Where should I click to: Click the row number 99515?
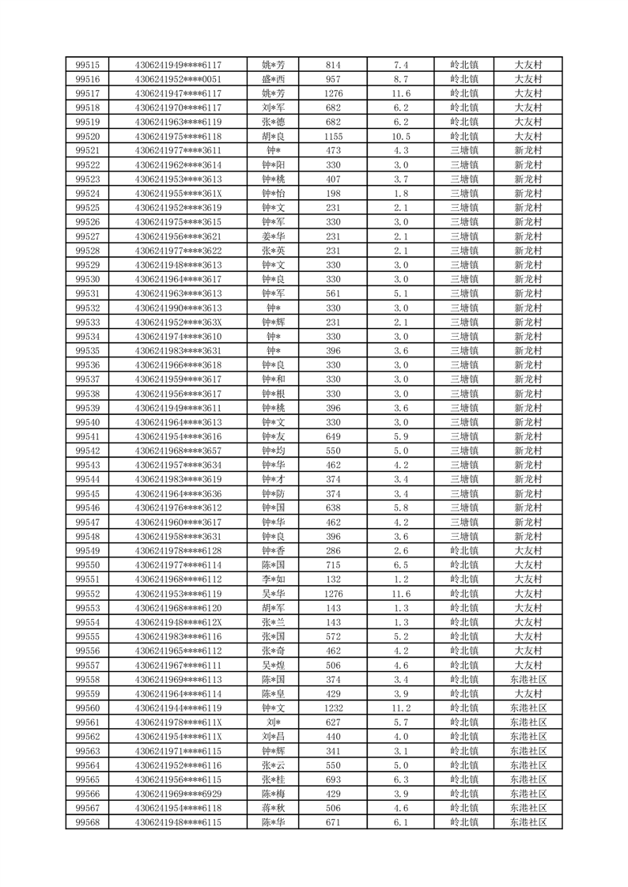coord(87,65)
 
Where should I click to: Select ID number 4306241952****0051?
coord(178,79)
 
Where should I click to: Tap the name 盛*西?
coord(274,79)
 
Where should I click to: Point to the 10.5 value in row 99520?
coord(401,136)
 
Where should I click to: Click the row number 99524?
coord(87,194)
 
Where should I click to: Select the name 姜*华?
coord(274,236)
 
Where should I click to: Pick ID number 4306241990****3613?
coord(178,308)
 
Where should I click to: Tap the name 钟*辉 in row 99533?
coord(274,322)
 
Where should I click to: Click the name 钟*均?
coord(274,451)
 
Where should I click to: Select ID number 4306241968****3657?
coord(178,451)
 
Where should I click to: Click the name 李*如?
coord(274,579)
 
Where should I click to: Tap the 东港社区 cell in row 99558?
coord(528,679)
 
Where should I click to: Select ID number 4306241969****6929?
coord(178,794)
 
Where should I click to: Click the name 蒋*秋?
coord(274,808)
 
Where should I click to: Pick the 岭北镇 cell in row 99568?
coord(464,822)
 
